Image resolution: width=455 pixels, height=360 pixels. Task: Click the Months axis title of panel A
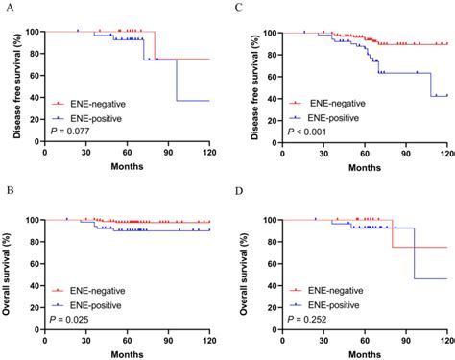tap(128, 167)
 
